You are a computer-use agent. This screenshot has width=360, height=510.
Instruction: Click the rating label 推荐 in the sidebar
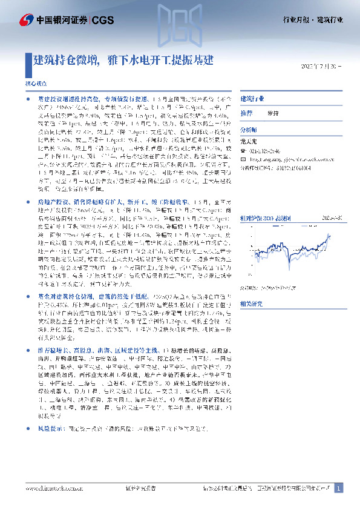(246, 113)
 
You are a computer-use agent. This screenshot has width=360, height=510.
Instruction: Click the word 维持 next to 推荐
(273, 113)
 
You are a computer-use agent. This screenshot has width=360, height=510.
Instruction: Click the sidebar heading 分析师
(249, 130)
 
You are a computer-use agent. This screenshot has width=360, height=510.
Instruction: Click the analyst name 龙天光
(250, 138)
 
